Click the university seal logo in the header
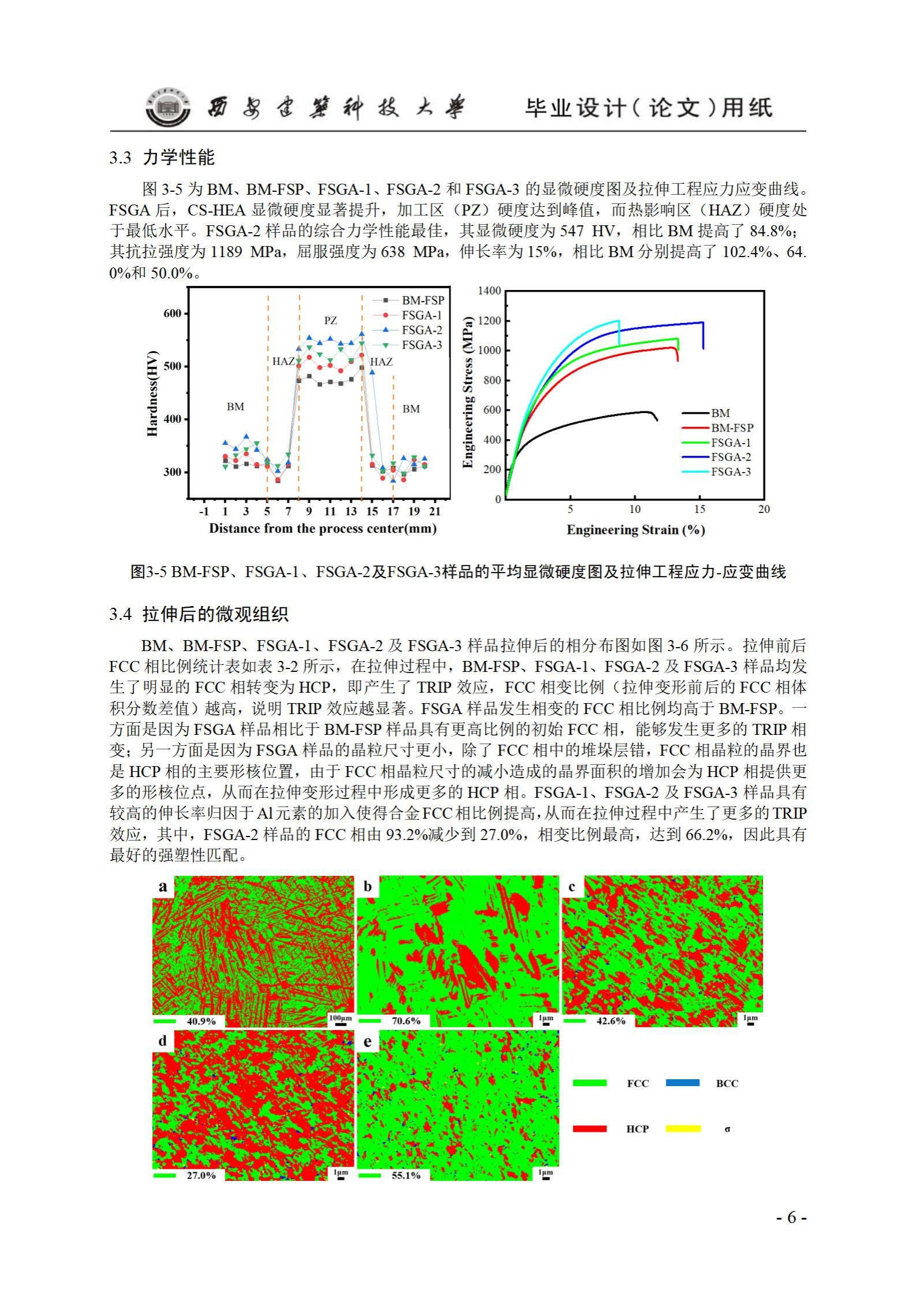[x=167, y=107]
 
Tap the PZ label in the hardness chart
[x=330, y=321]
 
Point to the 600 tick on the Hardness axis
[x=173, y=314]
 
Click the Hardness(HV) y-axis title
[x=152, y=393]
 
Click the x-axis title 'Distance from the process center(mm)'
[x=322, y=529]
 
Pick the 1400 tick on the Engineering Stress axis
[x=489, y=291]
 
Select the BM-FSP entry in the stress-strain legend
[x=732, y=428]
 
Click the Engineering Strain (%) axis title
[x=635, y=530]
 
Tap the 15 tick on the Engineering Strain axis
[x=699, y=509]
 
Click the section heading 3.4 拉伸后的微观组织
[x=199, y=614]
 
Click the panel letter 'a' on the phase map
[x=163, y=886]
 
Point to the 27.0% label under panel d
[x=200, y=1175]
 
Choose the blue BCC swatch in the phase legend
[x=682, y=1083]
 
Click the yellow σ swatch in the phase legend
[x=683, y=1128]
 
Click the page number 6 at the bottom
[x=791, y=1217]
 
